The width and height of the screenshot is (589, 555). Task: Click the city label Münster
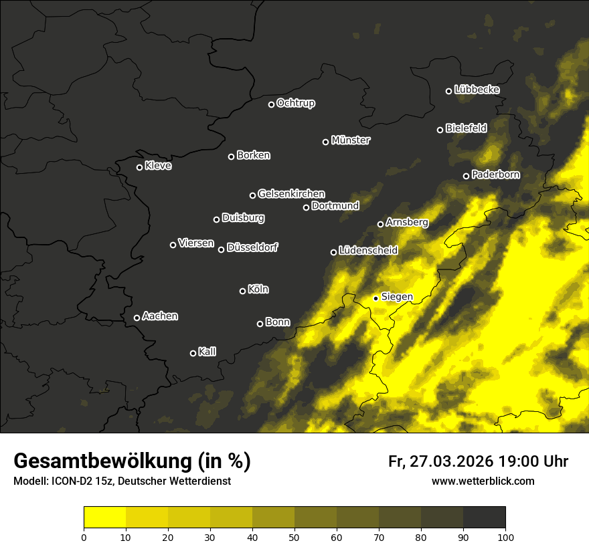351,140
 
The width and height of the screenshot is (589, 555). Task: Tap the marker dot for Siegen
376,298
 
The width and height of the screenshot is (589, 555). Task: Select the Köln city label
258,290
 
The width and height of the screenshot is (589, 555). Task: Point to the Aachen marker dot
137,318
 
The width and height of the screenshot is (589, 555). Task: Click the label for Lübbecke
477,90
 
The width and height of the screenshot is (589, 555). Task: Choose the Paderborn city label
495,175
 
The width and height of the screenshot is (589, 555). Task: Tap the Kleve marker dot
139,167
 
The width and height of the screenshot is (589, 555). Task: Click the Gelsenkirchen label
291,194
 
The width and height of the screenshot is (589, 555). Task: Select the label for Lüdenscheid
368,251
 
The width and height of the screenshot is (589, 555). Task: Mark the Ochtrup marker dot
271,104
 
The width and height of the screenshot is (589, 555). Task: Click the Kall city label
207,352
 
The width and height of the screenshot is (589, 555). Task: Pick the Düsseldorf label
252,247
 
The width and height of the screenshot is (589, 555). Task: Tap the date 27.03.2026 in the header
449,461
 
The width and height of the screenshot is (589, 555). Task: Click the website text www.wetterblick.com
483,481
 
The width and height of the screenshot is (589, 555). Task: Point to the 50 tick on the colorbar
294,537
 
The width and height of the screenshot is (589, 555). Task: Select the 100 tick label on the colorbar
505,537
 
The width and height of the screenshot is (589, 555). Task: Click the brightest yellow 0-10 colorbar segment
104,518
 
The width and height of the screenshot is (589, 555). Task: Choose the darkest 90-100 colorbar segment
484,518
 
